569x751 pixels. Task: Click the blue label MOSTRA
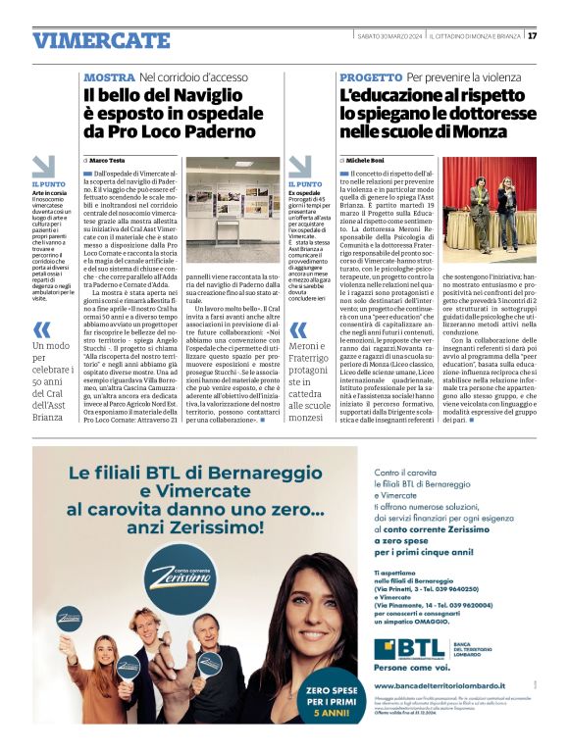tap(109, 76)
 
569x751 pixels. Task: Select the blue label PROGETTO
tap(371, 76)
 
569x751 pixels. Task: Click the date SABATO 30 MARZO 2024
tap(387, 36)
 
